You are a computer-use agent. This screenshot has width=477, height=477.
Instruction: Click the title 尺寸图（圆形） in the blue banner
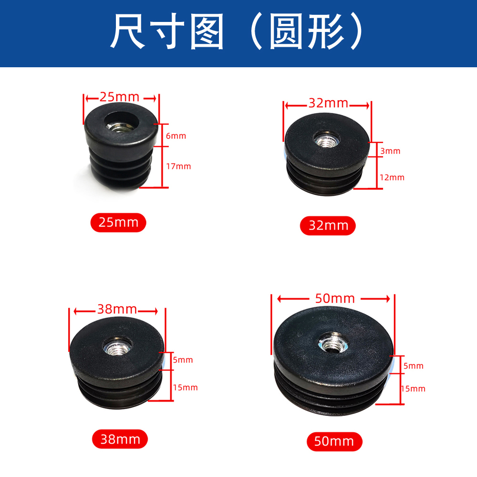click(x=238, y=33)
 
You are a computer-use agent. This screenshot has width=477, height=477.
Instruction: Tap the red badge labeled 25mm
click(x=118, y=222)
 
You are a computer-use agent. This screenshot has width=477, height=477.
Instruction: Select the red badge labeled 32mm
click(x=328, y=226)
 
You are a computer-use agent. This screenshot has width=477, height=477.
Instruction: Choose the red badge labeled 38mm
click(x=120, y=439)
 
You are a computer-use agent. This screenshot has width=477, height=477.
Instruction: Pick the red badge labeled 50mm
click(x=334, y=441)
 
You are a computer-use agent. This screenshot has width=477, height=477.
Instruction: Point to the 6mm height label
click(x=176, y=136)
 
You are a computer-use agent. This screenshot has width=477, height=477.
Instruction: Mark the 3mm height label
click(x=390, y=151)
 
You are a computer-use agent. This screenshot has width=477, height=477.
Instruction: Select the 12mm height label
click(x=392, y=177)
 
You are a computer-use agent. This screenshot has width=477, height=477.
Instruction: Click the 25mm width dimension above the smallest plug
click(x=120, y=97)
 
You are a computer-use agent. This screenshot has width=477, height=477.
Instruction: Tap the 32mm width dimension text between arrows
click(x=328, y=104)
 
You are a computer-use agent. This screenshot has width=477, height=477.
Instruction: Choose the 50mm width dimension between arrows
click(x=335, y=299)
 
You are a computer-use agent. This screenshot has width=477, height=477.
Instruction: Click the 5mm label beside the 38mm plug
click(x=183, y=360)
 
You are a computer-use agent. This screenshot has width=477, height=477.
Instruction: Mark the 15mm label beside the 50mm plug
click(x=413, y=389)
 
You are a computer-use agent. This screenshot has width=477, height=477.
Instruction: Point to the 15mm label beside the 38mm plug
click(x=185, y=387)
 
